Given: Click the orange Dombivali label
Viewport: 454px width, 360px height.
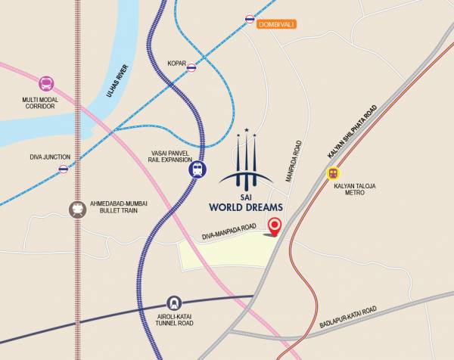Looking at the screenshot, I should pos(276,25).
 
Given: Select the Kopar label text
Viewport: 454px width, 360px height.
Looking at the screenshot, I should pos(176,64).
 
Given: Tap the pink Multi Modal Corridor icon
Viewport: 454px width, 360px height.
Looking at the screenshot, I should pos(47,84).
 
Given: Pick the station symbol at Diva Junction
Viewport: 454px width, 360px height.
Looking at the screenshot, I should pos(64,169).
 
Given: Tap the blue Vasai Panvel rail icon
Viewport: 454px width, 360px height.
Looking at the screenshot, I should pos(197,169).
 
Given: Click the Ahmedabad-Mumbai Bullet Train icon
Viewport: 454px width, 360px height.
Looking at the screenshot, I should pos(77,209).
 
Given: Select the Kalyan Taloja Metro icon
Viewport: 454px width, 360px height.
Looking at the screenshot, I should pos(333,173).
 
